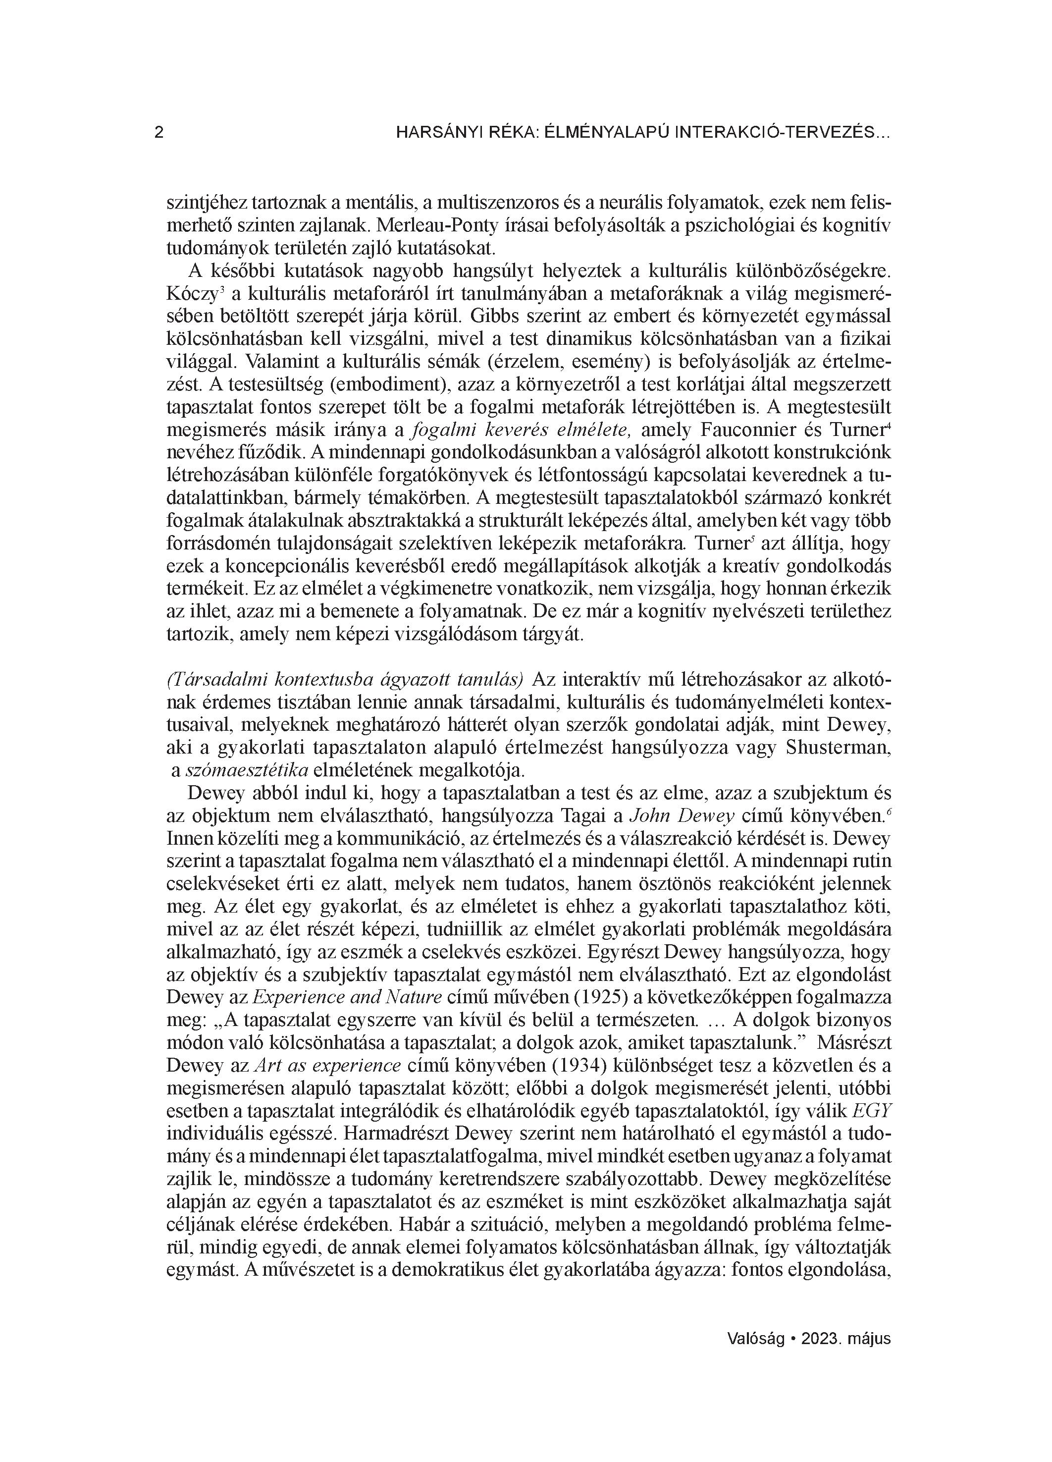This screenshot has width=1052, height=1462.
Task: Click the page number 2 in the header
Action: tap(159, 133)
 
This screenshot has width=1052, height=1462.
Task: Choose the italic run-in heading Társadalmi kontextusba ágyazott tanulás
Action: tap(345, 680)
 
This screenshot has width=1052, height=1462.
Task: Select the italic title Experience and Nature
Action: tap(347, 998)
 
